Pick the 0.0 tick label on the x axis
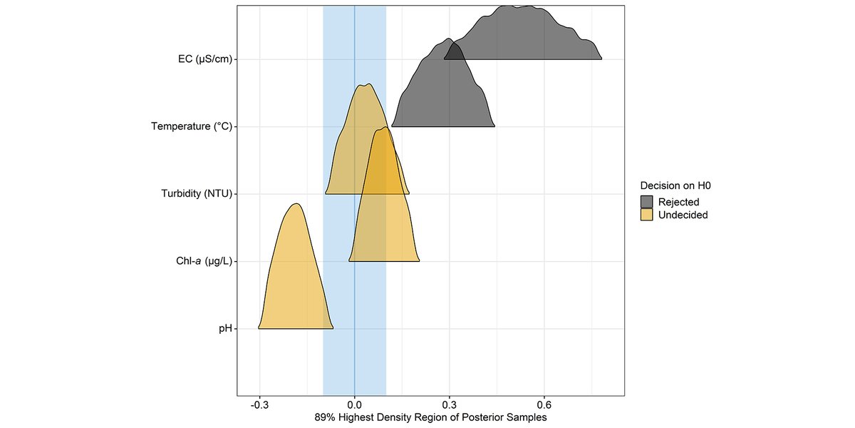(x=355, y=403)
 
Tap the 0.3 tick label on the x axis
(x=450, y=403)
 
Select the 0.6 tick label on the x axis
(x=544, y=403)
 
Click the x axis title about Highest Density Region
(x=430, y=416)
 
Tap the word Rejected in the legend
(x=678, y=202)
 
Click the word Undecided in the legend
(x=683, y=215)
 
